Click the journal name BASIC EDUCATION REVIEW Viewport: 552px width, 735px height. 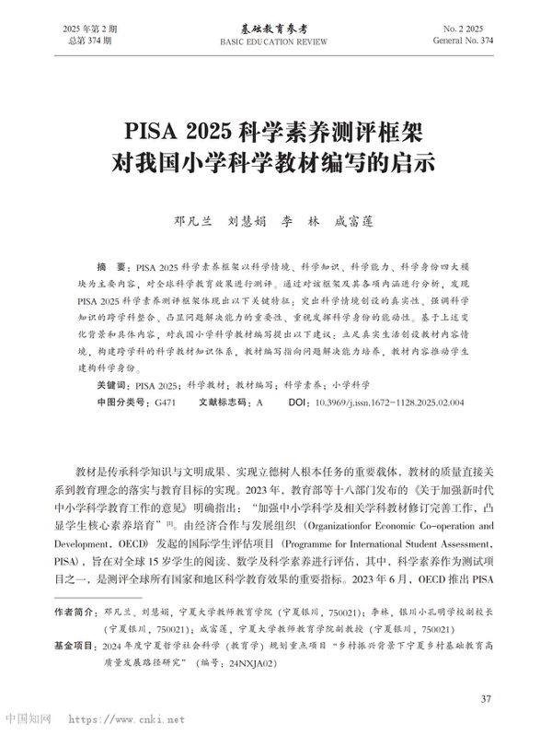[x=275, y=42]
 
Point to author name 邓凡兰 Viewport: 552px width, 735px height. [x=193, y=221]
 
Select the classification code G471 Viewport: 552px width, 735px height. [x=165, y=403]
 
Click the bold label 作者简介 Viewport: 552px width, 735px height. [x=75, y=612]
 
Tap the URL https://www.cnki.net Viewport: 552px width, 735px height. [x=127, y=719]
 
